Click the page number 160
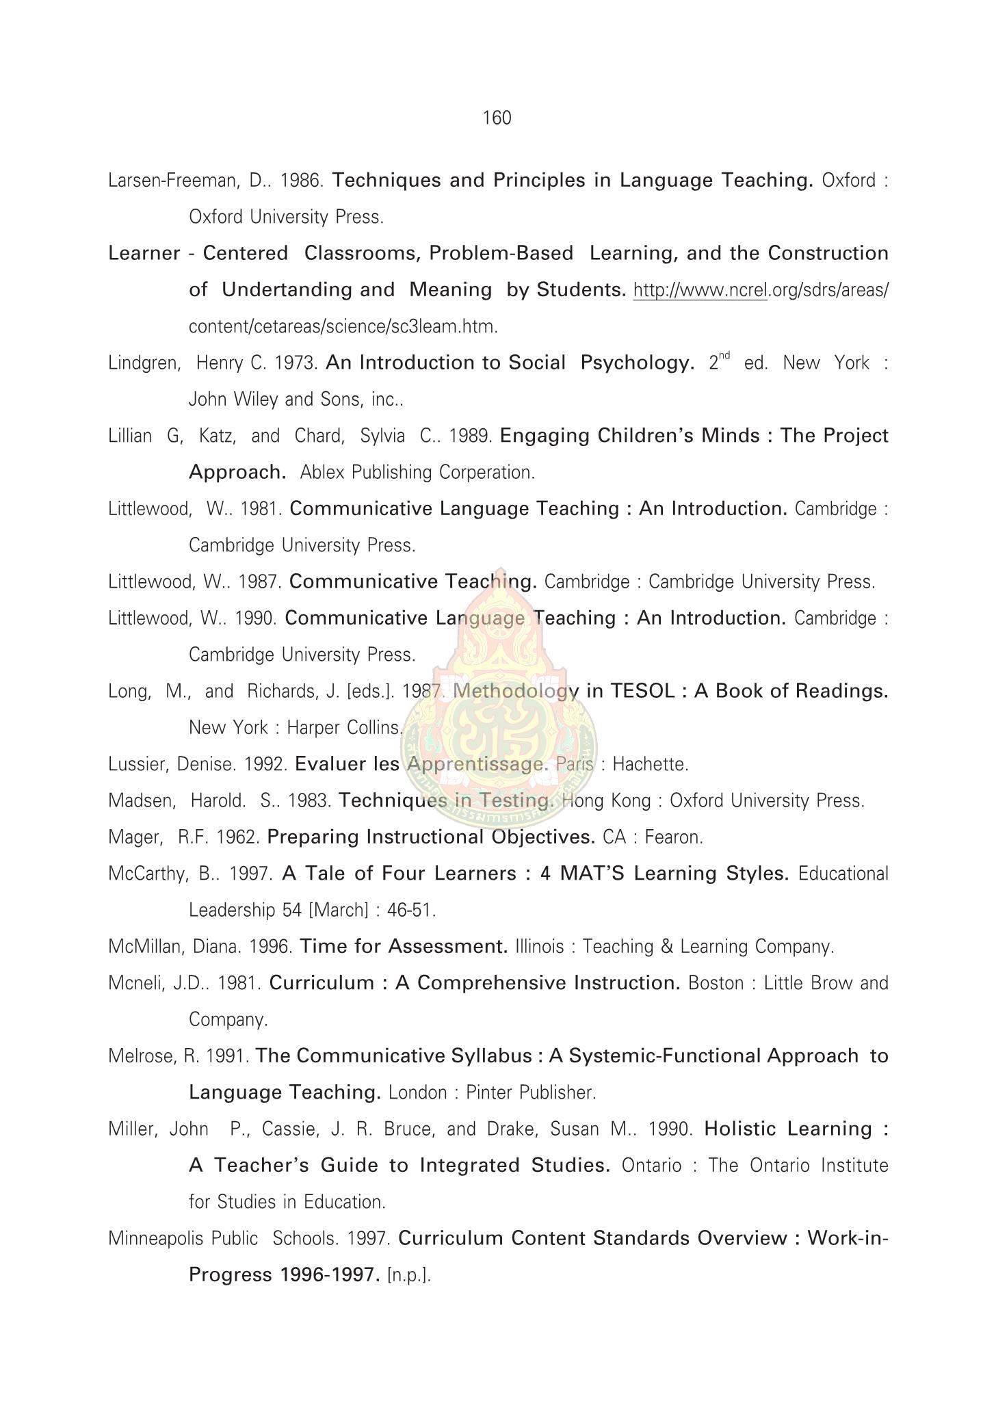click(x=497, y=118)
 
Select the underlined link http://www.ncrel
click(x=700, y=291)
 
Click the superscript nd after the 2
click(x=724, y=355)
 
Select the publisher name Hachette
click(x=650, y=764)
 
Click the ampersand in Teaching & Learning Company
click(x=668, y=947)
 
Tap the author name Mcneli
click(x=132, y=983)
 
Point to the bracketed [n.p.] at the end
click(x=409, y=1275)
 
